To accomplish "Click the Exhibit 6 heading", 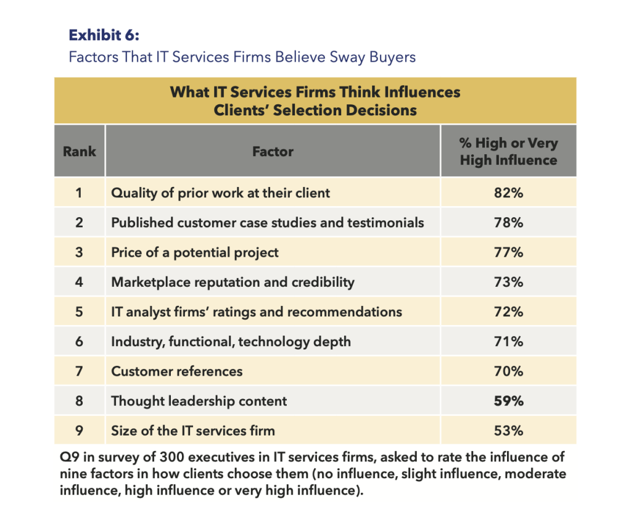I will click(x=104, y=35).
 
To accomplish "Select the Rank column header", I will click(x=80, y=151).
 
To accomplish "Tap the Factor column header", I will click(x=273, y=151).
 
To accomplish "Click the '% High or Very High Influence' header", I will click(x=508, y=152).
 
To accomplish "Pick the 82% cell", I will click(x=508, y=193).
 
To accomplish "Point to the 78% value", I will click(x=508, y=223).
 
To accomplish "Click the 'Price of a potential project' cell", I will click(x=195, y=252).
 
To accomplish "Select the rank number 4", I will click(x=79, y=282).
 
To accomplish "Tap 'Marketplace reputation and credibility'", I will click(x=233, y=282).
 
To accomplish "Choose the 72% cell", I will click(x=508, y=312).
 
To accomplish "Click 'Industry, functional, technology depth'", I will click(x=231, y=341).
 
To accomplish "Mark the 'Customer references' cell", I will click(x=177, y=371).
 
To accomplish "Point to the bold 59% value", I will click(x=508, y=401).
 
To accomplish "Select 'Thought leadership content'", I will click(x=199, y=401).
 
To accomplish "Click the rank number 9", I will click(x=79, y=431).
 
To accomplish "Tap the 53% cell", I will click(x=508, y=431).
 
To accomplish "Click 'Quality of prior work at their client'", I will click(x=220, y=193).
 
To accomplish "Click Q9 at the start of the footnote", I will click(x=69, y=458).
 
